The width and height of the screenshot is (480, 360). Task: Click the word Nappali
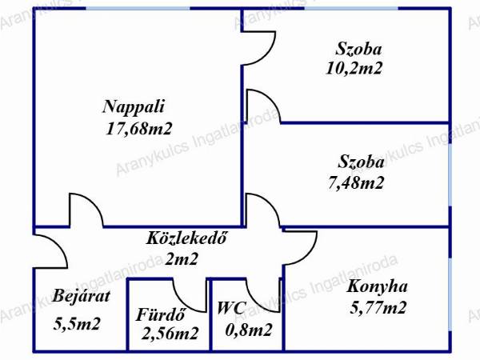(134, 107)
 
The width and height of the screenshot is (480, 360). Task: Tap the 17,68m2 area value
(138, 129)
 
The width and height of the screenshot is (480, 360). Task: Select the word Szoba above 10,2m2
(358, 49)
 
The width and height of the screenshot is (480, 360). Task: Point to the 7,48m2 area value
(356, 182)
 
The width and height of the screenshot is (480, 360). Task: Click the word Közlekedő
(186, 238)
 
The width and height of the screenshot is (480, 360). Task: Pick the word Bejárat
(81, 296)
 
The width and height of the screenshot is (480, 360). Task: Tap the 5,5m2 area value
(77, 323)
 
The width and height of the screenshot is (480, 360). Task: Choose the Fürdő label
(161, 314)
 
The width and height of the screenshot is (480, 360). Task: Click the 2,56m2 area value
(170, 334)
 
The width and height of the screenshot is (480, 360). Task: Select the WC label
(231, 308)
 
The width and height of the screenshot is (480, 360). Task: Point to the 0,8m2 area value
(249, 330)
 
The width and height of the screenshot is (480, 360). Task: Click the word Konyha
(377, 286)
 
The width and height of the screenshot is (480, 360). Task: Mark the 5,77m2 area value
(378, 307)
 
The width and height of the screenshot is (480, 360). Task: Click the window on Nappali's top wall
(138, 8)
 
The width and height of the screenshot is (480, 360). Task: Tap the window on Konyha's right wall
(450, 294)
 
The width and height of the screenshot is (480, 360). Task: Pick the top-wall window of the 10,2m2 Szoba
(351, 8)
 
